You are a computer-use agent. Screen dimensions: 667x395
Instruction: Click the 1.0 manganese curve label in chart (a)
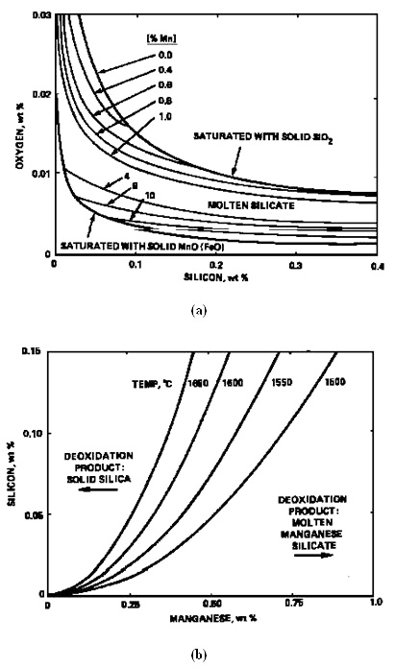(166, 117)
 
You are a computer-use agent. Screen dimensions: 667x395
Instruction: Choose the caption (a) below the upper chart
(198, 310)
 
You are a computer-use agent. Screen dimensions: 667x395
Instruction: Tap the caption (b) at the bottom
(198, 655)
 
